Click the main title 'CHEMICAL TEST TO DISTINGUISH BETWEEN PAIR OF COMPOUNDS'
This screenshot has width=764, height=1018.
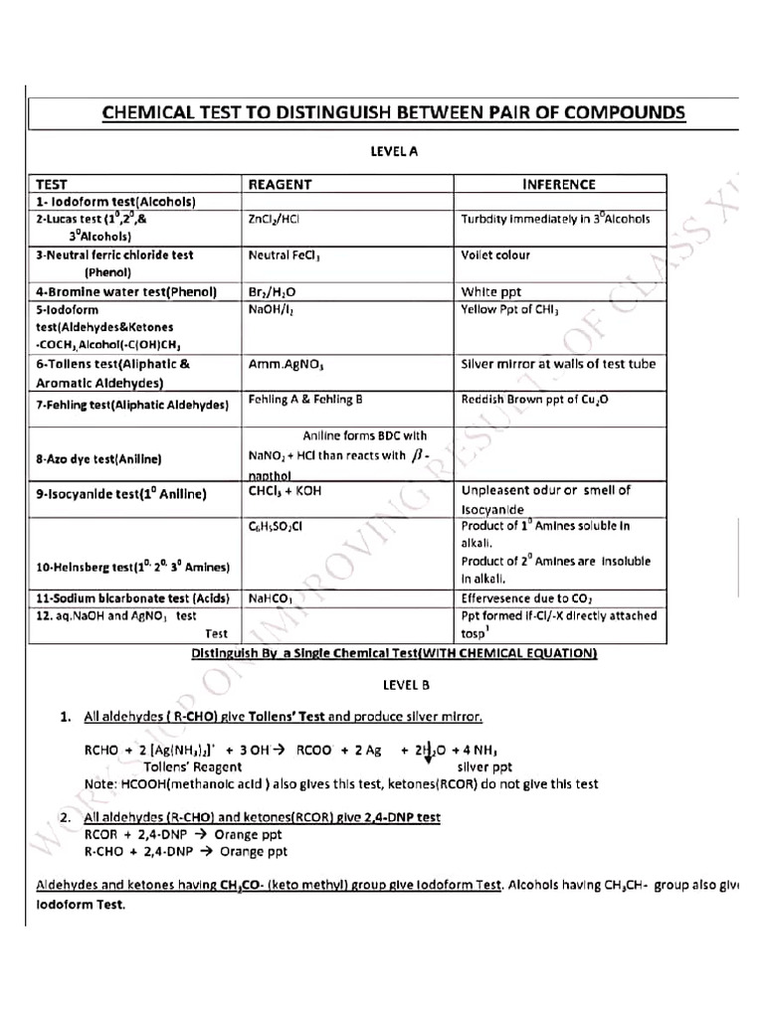pos(394,112)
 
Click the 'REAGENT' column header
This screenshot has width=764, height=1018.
pos(280,184)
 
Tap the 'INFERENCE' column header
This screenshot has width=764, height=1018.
pos(559,184)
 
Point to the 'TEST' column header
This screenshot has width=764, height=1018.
pos(52,184)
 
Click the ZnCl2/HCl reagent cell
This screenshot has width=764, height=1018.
pos(272,219)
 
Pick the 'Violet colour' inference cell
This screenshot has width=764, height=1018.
pos(495,255)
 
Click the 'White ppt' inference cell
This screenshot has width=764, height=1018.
pos(490,292)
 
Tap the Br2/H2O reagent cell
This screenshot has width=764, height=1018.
pos(272,292)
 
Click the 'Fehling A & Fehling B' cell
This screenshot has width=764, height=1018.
pos(305,400)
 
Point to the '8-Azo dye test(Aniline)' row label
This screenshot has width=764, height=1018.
pos(98,459)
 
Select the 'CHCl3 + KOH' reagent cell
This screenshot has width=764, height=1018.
pos(285,491)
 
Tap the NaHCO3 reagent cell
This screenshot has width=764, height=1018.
pos(270,598)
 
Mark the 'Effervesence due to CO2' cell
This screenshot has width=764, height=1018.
pos(526,598)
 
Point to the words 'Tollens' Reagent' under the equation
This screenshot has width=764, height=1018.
pos(192,766)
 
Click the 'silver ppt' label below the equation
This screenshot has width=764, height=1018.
pos(484,766)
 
